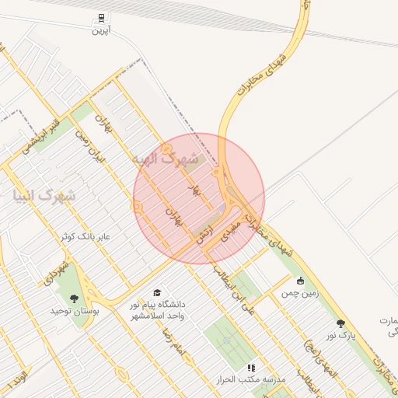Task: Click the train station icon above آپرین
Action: pos(100,18)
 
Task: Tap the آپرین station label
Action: pos(100,30)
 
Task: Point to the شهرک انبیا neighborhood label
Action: pos(44,196)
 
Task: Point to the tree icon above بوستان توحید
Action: pos(74,298)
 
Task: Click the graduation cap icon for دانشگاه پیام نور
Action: pos(158,293)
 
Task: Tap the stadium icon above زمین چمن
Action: pos(300,281)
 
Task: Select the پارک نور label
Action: pos(340,334)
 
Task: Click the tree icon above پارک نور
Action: pos(340,323)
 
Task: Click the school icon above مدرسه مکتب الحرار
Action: pos(250,367)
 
